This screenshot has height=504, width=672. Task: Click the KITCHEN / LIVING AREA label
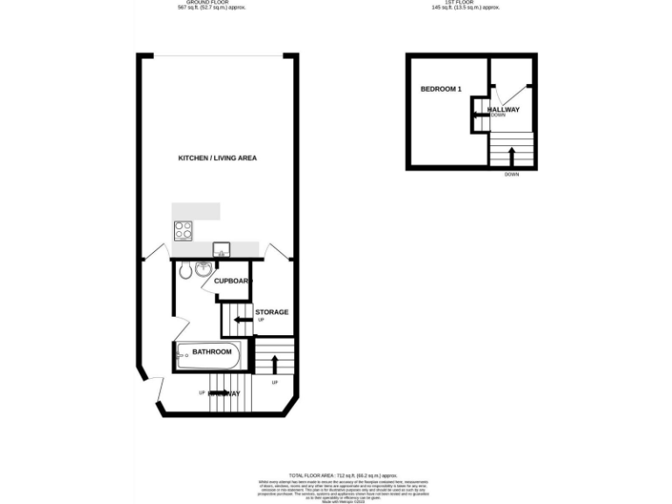[217, 158]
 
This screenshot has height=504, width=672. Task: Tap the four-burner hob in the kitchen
[184, 232]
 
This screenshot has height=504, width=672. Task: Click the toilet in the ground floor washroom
[185, 271]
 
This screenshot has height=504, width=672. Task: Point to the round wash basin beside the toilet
[203, 269]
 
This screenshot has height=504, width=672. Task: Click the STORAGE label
[271, 312]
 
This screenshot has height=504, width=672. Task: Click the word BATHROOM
[211, 352]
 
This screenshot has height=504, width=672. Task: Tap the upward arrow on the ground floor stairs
[276, 362]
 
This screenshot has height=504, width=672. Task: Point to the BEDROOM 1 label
[441, 89]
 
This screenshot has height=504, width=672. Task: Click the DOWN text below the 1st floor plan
[512, 174]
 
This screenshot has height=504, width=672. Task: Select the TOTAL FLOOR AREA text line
[336, 473]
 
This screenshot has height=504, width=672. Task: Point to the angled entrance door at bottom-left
[156, 393]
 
